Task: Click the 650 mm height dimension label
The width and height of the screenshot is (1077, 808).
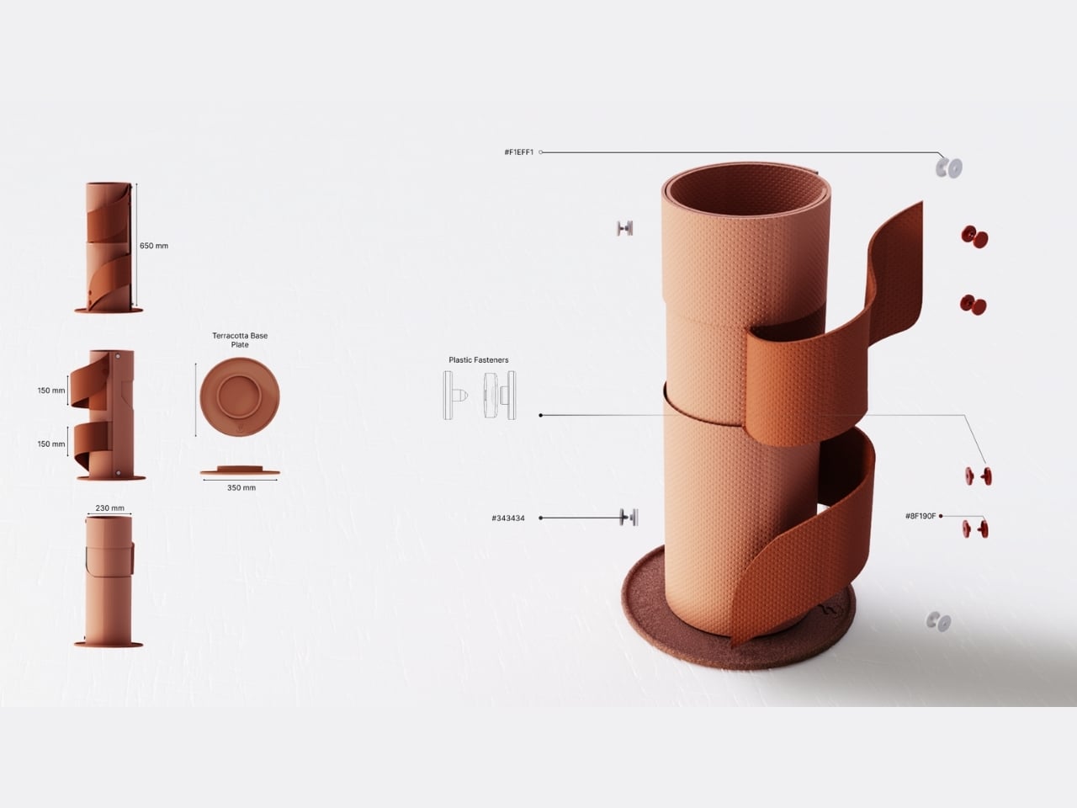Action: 154,246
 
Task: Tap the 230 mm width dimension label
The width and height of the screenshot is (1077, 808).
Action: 109,508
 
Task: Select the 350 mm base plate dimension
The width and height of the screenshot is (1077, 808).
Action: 241,487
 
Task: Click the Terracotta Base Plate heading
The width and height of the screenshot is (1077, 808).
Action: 240,340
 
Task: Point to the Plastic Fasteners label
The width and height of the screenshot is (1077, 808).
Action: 479,359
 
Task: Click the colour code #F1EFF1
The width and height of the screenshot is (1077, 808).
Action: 518,152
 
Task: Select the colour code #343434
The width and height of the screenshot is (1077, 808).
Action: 508,518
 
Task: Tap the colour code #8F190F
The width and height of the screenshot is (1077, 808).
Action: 920,516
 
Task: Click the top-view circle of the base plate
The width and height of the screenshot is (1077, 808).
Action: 240,397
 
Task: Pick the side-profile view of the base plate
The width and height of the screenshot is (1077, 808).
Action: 240,470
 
